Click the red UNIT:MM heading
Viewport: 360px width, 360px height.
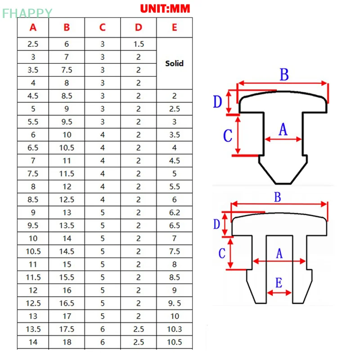pyautogui.click(x=165, y=8)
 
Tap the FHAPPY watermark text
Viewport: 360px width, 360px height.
pyautogui.click(x=27, y=13)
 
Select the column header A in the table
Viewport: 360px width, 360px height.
pyautogui.click(x=33, y=27)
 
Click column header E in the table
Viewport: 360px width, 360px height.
pyautogui.click(x=174, y=27)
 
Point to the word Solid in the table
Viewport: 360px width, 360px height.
pyautogui.click(x=174, y=63)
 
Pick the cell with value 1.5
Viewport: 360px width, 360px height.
pyautogui.click(x=138, y=44)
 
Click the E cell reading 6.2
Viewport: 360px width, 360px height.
pyautogui.click(x=174, y=213)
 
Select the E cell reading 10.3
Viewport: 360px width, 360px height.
pyautogui.click(x=174, y=329)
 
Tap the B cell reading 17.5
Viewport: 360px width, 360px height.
pyautogui.click(x=67, y=329)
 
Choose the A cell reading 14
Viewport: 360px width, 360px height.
pyautogui.click(x=33, y=342)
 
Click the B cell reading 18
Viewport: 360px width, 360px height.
pyautogui.click(x=67, y=342)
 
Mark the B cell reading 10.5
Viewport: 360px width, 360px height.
pyautogui.click(x=67, y=148)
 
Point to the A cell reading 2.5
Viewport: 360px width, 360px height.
pyautogui.click(x=33, y=44)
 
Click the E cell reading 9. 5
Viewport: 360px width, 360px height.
pyautogui.click(x=174, y=303)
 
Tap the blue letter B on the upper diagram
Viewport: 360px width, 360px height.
pyautogui.click(x=284, y=75)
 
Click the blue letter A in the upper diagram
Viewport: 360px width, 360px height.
pyautogui.click(x=283, y=130)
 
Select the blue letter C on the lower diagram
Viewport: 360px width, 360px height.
pyautogui.click(x=221, y=253)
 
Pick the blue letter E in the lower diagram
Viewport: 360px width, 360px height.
pyautogui.click(x=279, y=283)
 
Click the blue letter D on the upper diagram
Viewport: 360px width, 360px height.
pyautogui.click(x=218, y=102)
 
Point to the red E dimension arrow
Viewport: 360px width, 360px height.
pyautogui.click(x=279, y=293)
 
